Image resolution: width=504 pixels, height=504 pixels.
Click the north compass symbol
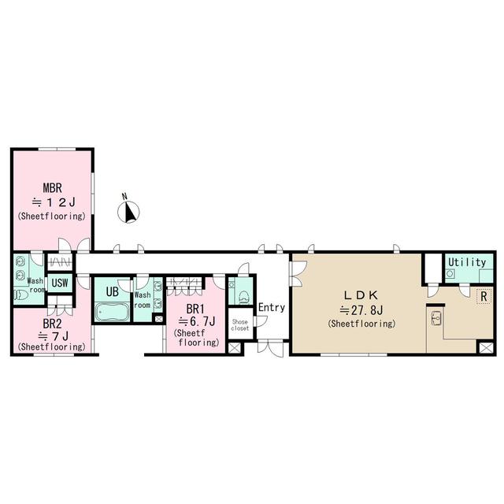128,212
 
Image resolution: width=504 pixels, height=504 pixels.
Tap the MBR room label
52,188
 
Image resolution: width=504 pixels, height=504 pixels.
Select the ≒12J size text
54,202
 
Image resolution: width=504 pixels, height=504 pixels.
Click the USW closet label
60,283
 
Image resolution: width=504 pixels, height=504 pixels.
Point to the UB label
112,292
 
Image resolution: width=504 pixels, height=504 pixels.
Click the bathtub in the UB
112,312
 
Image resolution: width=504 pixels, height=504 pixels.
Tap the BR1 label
195,309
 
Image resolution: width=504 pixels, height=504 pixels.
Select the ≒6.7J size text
196,321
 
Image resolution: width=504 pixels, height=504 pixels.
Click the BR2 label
52,324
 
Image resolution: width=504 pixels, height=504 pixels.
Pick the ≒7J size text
53,336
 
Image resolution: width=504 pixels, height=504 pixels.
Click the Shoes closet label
239,325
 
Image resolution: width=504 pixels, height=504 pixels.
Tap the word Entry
272,308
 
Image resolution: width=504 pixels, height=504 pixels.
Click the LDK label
361,295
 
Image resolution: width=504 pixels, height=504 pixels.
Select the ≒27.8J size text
361,310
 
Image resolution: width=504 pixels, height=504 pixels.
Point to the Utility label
467,262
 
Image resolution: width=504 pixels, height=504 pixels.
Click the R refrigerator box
484,296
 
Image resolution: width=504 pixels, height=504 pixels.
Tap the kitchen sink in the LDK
435,319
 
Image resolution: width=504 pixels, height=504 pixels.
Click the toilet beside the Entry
244,297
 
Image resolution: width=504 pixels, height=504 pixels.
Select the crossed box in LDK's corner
486,348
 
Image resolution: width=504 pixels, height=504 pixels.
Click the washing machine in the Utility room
450,274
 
